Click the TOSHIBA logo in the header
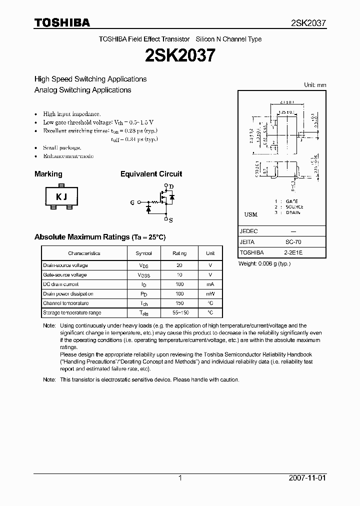tap(62, 22)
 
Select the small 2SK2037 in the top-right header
tap(308, 23)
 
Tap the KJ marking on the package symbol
tap(61, 196)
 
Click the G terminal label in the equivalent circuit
tap(132, 202)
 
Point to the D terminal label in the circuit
tap(171, 186)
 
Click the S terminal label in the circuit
tap(171, 219)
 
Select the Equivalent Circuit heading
tap(151, 174)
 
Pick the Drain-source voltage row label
tap(65, 265)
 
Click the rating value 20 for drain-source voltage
tap(179, 265)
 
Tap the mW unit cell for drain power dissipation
tap(210, 294)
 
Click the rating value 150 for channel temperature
tap(179, 303)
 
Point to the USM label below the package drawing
tap(250, 214)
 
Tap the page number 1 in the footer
tap(180, 478)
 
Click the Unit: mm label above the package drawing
tap(315, 85)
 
